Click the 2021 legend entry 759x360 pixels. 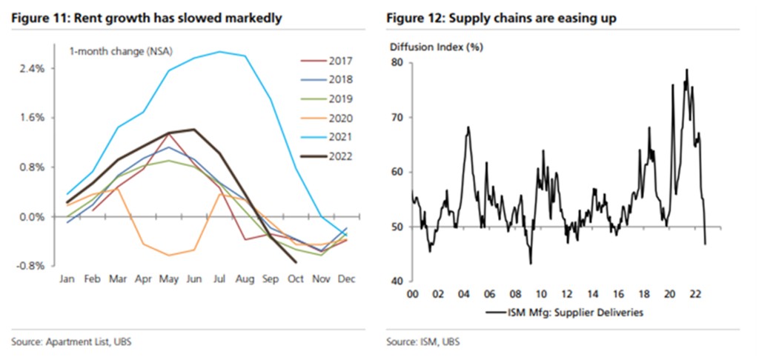pos(341,137)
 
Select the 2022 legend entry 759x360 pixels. pos(341,156)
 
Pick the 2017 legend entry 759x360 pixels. pos(341,61)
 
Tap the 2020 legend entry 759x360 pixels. pos(341,118)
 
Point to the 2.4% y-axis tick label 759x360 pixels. pos(33,68)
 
